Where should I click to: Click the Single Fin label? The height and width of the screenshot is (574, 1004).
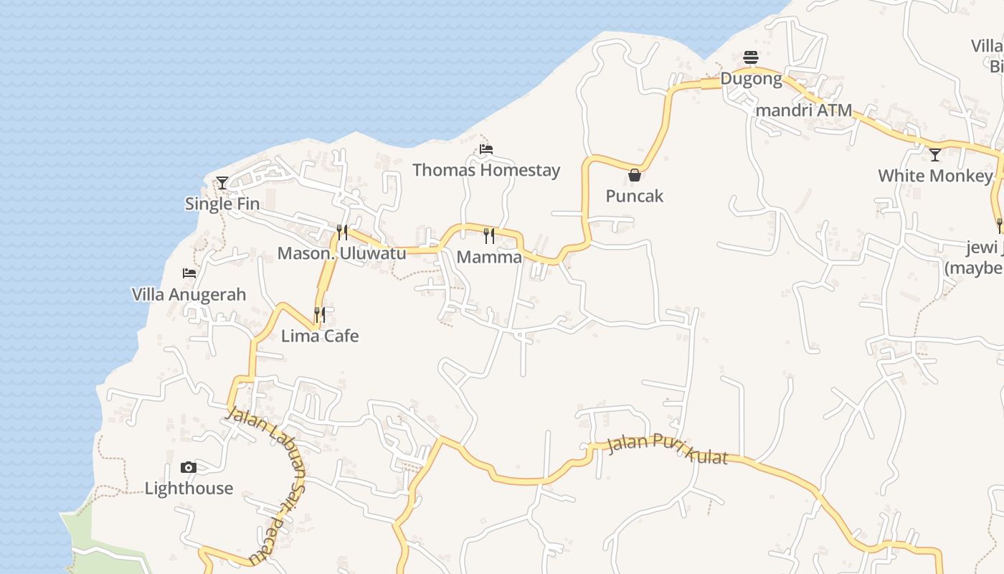(222, 204)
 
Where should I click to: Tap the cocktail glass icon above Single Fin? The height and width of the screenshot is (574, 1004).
(222, 183)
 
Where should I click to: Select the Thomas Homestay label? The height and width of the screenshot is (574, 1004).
(486, 171)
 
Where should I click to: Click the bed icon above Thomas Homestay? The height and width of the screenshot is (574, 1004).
(486, 149)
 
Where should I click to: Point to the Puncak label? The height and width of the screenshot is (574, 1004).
(635, 196)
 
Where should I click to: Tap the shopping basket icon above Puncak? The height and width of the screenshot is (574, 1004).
(635, 175)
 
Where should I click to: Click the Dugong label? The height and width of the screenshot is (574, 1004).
(751, 78)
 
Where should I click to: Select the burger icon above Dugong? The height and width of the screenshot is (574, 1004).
(751, 57)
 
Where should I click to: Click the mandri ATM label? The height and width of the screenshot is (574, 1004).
(804, 110)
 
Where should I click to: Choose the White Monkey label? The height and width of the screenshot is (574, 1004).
(935, 176)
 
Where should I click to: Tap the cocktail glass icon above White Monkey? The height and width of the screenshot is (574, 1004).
(935, 154)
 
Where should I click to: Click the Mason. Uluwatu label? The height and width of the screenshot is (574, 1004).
(341, 253)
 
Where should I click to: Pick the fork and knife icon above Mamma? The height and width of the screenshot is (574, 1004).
(489, 235)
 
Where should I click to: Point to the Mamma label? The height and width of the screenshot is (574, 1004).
(489, 257)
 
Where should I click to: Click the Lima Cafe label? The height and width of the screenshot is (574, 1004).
(320, 336)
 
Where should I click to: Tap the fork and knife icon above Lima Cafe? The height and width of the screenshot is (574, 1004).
(320, 314)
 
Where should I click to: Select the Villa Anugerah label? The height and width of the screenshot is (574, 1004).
(189, 294)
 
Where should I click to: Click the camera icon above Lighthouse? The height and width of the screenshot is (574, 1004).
(189, 468)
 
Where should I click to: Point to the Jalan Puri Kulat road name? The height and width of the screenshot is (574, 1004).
(668, 448)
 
